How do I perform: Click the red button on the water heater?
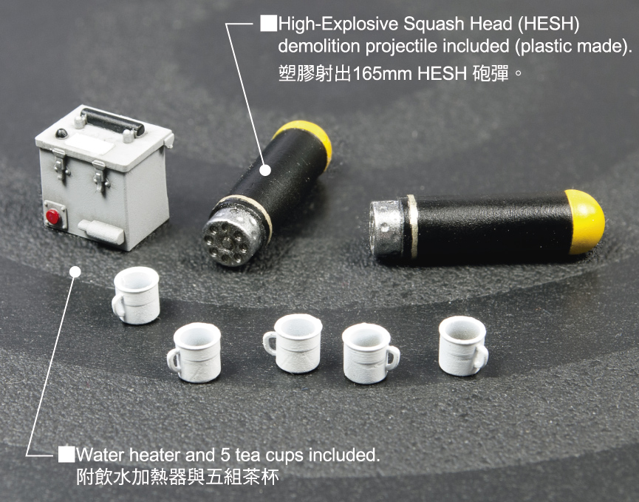52,217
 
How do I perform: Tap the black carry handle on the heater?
112,121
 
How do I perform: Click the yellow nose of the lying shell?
585,222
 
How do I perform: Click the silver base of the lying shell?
386,228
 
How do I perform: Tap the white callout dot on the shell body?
265,170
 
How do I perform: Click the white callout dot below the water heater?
75,272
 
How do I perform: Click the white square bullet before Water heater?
66,454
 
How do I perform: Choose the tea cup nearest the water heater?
136,295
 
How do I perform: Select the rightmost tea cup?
463,346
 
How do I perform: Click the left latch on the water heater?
60,163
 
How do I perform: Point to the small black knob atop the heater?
61,133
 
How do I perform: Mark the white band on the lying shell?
412,226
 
